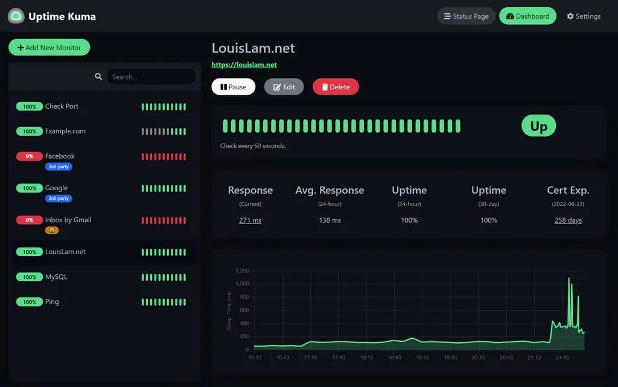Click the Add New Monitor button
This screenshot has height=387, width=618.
(x=49, y=48)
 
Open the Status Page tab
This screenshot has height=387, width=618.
(x=466, y=16)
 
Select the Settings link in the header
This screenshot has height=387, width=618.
(x=584, y=16)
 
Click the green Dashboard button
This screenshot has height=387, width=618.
(x=527, y=16)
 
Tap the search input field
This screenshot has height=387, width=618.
(x=151, y=77)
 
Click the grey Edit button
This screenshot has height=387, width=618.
(x=284, y=87)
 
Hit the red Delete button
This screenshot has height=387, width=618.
(x=336, y=87)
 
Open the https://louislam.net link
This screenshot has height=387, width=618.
(x=244, y=65)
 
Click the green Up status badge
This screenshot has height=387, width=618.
(x=538, y=126)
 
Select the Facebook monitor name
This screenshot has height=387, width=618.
(x=60, y=156)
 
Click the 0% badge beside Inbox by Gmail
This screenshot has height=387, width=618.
(x=29, y=220)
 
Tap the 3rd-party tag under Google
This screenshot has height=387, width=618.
(x=59, y=198)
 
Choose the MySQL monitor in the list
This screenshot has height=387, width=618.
(x=56, y=277)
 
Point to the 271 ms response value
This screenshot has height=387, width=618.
(x=250, y=220)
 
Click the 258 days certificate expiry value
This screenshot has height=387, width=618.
(x=568, y=220)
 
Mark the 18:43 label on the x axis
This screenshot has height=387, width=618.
(x=394, y=357)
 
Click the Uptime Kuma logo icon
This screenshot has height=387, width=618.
(x=16, y=16)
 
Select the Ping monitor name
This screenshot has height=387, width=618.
(x=52, y=302)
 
